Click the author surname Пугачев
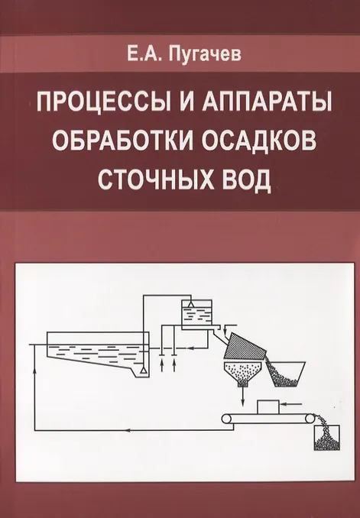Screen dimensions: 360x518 205,55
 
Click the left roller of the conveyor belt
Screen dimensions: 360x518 227,419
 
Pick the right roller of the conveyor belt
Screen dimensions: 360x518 310,419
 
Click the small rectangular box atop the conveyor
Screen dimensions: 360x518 268,407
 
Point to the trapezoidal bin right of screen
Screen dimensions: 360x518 287,374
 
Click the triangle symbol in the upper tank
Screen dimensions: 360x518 190,304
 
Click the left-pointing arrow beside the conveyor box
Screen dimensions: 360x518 291,403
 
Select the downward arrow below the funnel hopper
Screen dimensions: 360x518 243,396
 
